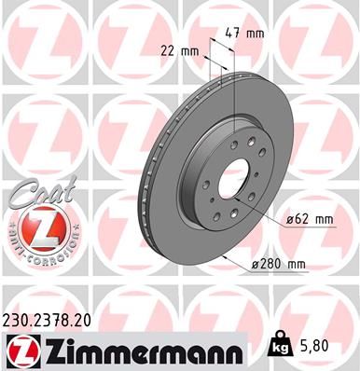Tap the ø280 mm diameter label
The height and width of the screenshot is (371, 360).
(x=279, y=264)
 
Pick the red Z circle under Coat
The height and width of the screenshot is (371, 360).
(x=34, y=229)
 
